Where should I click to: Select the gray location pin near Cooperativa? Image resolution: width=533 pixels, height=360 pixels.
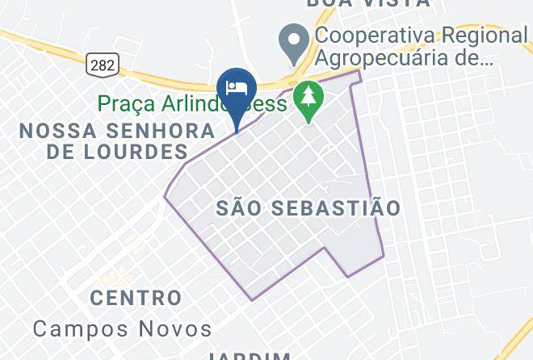[292, 38]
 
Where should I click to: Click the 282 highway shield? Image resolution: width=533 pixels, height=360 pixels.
[103, 63]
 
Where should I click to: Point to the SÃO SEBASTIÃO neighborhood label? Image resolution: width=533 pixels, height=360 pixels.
[308, 208]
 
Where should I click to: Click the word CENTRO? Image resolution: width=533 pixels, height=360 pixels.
[136, 298]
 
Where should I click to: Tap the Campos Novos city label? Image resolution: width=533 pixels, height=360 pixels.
[123, 329]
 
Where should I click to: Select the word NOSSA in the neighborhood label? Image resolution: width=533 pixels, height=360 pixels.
[52, 131]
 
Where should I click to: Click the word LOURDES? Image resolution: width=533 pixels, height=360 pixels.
[148, 152]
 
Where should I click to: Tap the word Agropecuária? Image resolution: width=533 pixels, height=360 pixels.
[397, 58]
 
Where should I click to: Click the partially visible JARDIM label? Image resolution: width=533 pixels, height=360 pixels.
[250, 355]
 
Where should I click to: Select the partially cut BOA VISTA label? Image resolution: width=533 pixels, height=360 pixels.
[367, 3]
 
